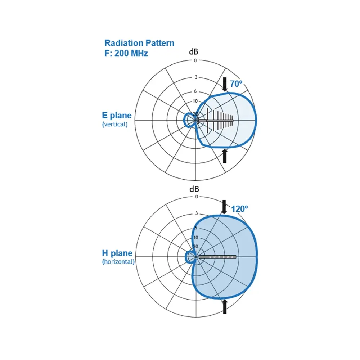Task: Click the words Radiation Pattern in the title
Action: click(139, 43)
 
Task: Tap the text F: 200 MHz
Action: click(126, 53)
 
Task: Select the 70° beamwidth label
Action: click(236, 84)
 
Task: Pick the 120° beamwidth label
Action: click(239, 209)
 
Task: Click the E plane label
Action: click(117, 116)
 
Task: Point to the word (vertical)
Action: click(115, 124)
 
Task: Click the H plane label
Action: click(117, 253)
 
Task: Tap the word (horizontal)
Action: click(118, 262)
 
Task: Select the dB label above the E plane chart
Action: click(194, 52)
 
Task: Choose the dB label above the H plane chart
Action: click(194, 189)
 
